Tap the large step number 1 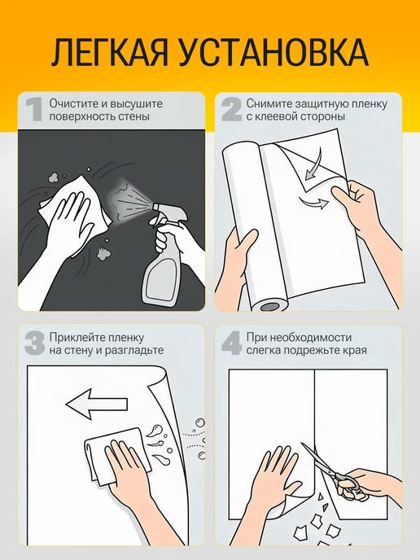pyautogui.click(x=35, y=110)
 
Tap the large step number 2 pyautogui.click(x=231, y=110)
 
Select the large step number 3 pyautogui.click(x=35, y=343)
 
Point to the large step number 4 pyautogui.click(x=232, y=343)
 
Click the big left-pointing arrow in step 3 pyautogui.click(x=97, y=404)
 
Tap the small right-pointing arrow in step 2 pyautogui.click(x=314, y=202)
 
